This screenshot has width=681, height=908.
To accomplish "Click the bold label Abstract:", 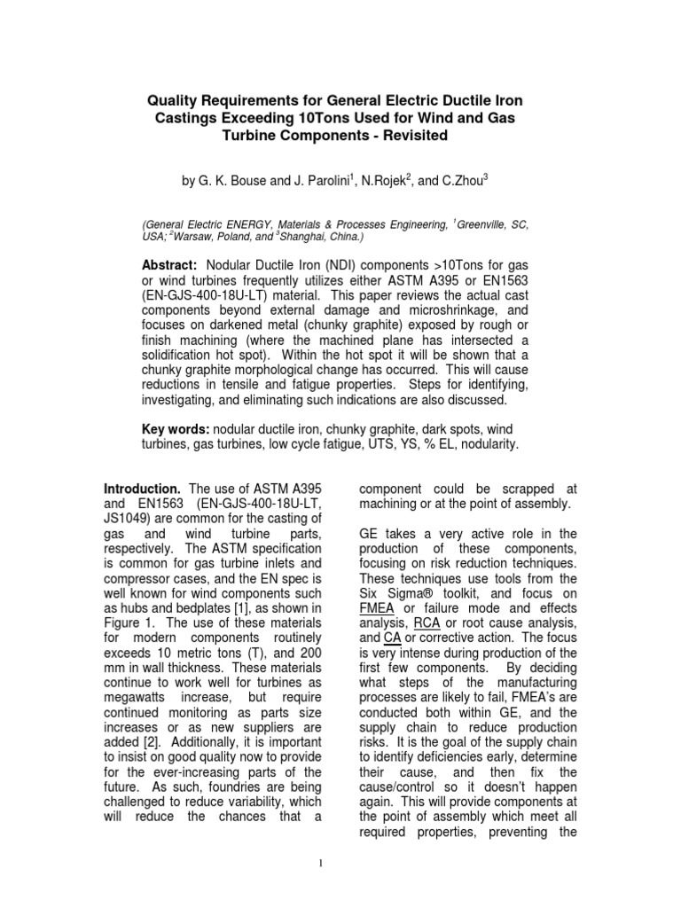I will (x=170, y=266).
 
